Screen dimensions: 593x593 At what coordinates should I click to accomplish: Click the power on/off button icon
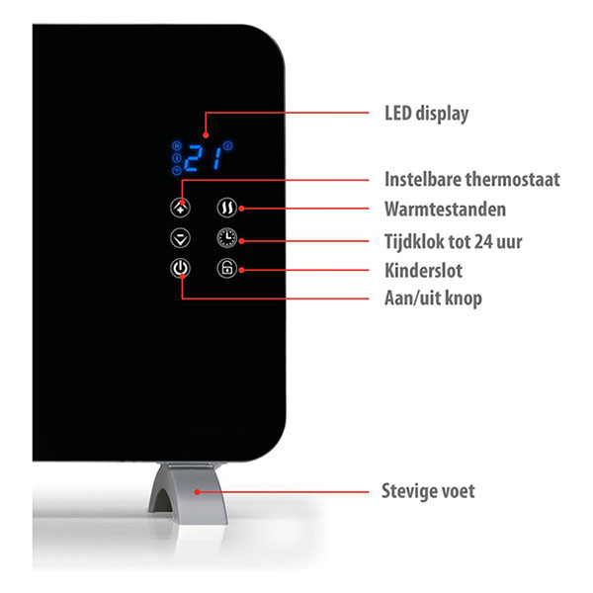180,269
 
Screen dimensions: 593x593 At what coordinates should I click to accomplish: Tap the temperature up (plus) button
180,208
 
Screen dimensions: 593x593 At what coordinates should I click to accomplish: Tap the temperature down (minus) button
180,238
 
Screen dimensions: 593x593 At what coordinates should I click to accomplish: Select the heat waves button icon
227,208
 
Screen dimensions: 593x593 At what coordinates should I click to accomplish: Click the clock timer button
227,238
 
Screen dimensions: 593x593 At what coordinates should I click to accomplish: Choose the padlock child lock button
227,269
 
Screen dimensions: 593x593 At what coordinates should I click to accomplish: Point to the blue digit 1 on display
217,158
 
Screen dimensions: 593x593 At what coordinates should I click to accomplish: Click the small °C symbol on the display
228,145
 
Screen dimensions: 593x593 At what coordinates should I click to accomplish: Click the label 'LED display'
427,114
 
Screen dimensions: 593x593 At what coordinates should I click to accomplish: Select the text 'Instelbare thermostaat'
472,179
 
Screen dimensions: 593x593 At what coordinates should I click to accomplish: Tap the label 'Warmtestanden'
445,209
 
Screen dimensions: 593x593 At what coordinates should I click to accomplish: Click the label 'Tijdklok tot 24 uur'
453,241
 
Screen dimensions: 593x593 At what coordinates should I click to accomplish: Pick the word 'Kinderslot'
423,271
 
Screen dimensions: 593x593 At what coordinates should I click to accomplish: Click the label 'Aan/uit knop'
433,298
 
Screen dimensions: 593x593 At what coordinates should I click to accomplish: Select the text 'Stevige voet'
428,491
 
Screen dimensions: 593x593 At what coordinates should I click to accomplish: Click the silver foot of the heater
189,492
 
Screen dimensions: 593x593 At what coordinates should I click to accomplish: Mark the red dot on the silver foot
197,492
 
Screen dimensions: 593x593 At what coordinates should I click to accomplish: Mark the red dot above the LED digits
206,135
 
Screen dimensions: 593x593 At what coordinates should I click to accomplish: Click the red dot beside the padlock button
242,270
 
